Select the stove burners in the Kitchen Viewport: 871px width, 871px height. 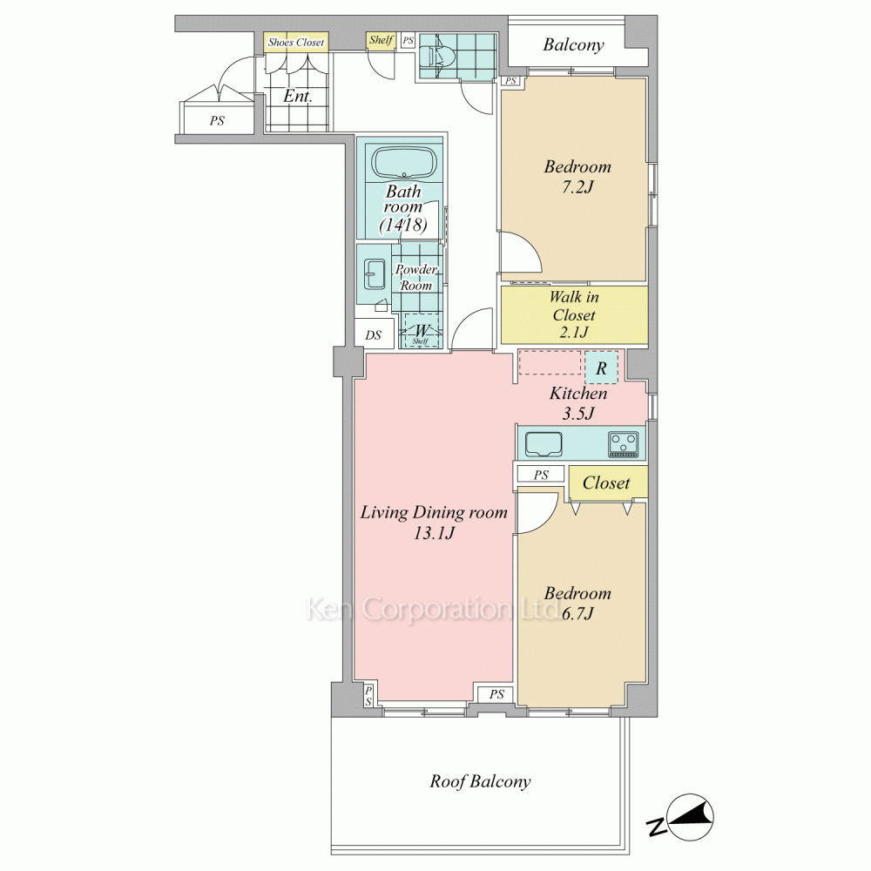coord(624,444)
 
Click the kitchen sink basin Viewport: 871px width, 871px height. coord(544,444)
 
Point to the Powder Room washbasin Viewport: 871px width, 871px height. coord(375,274)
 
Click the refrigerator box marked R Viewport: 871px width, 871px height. coord(601,368)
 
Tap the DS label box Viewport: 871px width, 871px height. coord(374,334)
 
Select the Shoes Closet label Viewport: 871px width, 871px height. coord(295,43)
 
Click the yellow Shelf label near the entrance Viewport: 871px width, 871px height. coord(381,40)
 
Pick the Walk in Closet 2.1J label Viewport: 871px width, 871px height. coord(574,314)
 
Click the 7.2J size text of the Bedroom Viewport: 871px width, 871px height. coord(577,187)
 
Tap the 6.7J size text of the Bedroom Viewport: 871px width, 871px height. coord(577,613)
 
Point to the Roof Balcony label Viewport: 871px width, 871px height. coord(480,781)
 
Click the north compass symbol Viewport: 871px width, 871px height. coord(682,818)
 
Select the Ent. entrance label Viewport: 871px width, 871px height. coord(298,96)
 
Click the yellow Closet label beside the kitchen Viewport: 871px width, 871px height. coord(606,483)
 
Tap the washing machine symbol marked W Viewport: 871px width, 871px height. coord(421,331)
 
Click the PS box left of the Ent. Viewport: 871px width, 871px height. coord(217,120)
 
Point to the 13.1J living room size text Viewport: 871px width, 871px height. coord(434,533)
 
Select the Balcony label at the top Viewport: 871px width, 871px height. coord(573,44)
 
